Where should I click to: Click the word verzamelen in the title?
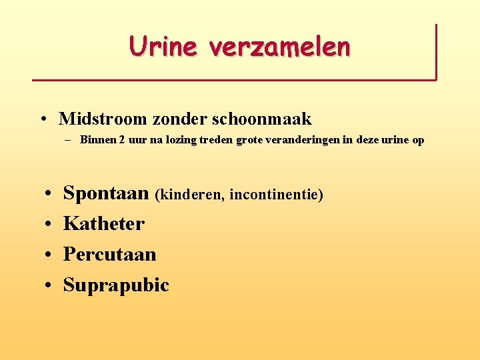point(279,46)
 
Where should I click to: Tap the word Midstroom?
point(103,119)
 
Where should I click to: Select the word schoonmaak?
point(261,119)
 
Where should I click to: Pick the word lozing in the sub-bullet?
point(172,140)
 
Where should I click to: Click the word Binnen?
point(97,140)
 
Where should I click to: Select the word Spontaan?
point(106,193)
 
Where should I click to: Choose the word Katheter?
point(103,223)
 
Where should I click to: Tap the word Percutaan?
point(109,254)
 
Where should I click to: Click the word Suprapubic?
point(116,285)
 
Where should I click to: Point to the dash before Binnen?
point(69,141)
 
